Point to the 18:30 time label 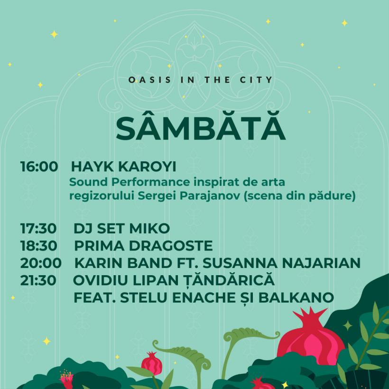coord(39,246)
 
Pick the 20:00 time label coord(40,263)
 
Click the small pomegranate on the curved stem coord(151,365)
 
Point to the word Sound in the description coord(86,182)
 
